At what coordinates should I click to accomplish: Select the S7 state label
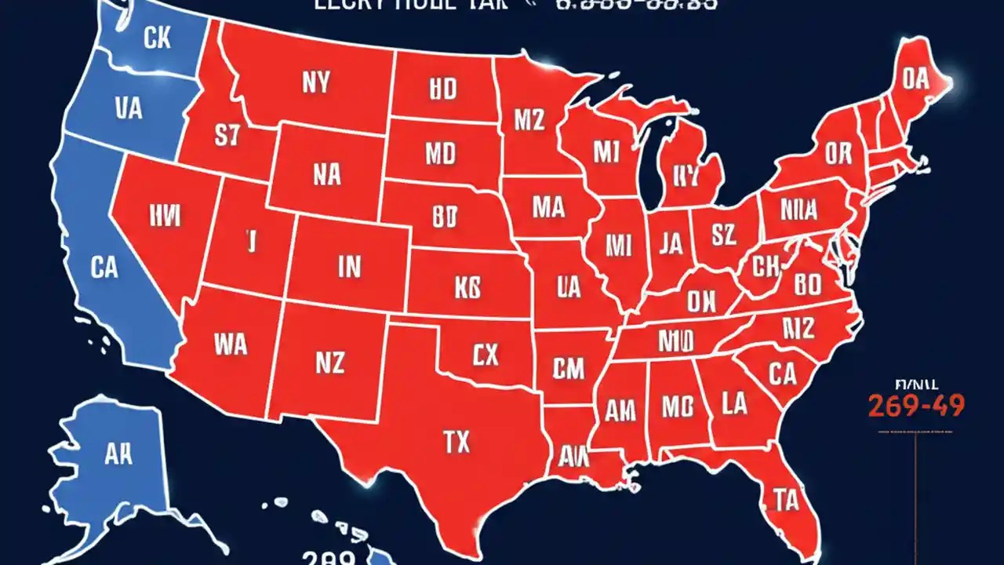point(226,137)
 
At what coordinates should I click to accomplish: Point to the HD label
point(442,90)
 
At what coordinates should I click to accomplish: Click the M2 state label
point(529,120)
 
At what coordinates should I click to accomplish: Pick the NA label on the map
point(326,174)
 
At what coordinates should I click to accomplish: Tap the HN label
point(163,212)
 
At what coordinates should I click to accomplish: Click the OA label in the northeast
point(915,78)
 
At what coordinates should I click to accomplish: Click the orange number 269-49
point(915,405)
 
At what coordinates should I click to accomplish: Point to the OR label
point(838,154)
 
